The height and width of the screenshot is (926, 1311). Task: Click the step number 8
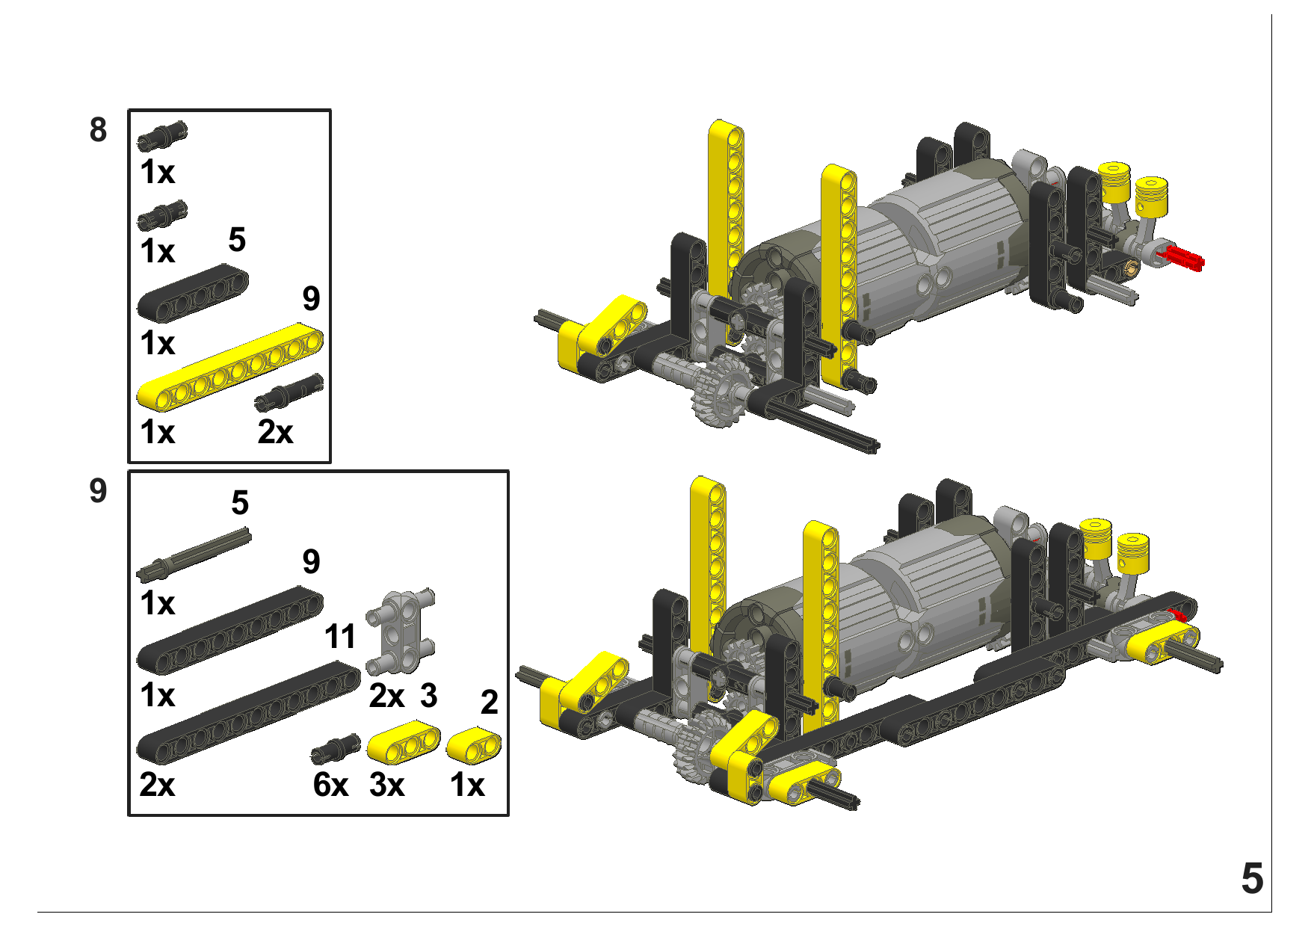98,130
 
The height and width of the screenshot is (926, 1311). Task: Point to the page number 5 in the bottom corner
1252,878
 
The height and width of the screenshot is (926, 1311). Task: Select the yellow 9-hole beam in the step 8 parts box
229,367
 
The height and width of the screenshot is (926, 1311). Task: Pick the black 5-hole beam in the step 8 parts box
192,293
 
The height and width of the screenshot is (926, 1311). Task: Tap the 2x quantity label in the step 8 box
275,432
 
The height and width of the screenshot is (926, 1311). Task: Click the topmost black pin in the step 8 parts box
162,135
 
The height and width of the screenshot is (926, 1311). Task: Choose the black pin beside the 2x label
289,392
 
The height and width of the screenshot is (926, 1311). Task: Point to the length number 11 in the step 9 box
340,637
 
